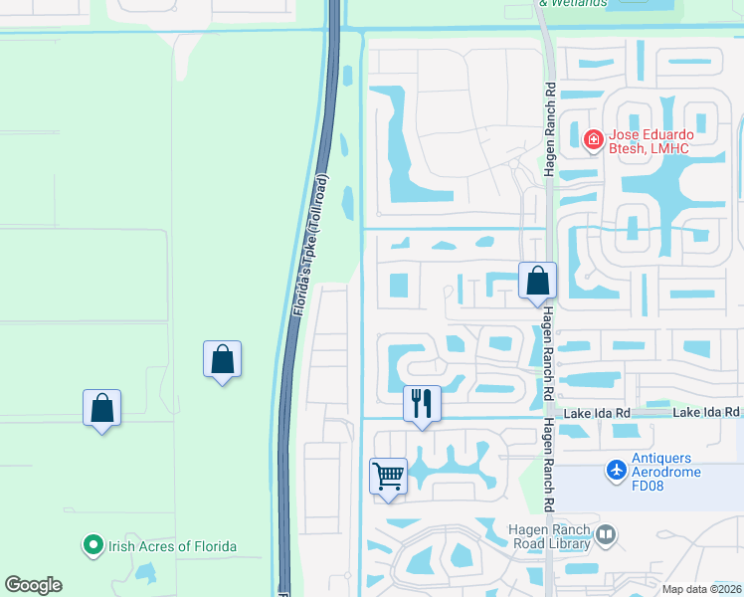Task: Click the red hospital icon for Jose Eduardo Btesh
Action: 594,140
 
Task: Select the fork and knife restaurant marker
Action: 422,404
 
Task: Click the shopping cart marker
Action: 388,476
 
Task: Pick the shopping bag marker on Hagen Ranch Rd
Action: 537,282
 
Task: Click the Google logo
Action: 33,585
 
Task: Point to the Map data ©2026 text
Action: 701,589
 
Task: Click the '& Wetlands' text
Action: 572,4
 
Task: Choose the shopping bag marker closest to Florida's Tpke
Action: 222,359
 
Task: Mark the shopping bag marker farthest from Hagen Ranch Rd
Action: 101,407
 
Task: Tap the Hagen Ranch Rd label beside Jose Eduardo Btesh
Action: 550,129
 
